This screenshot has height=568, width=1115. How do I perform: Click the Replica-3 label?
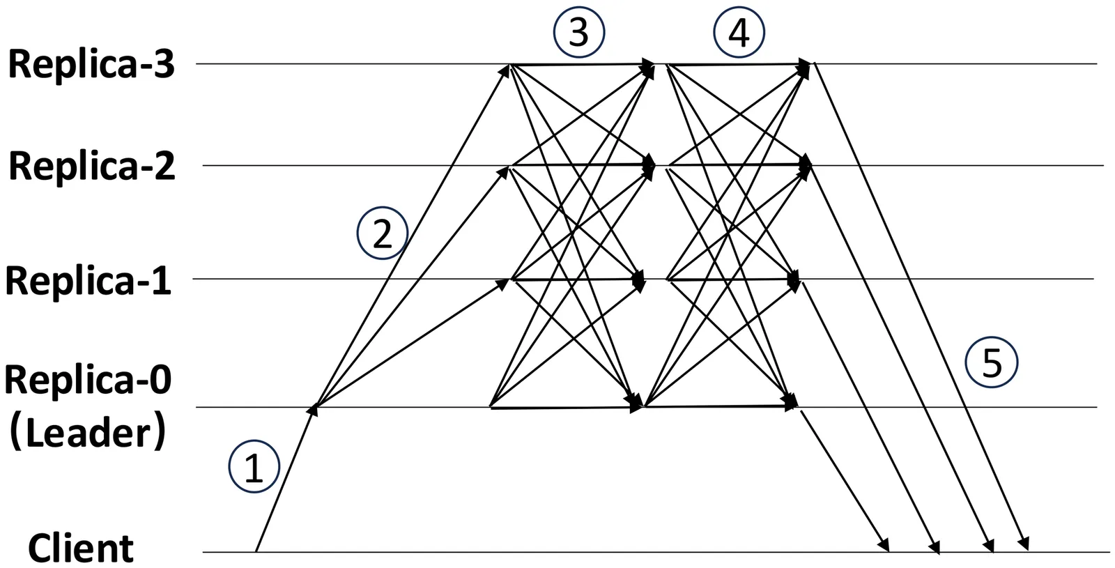click(x=91, y=65)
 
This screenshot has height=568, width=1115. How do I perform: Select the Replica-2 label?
click(x=91, y=167)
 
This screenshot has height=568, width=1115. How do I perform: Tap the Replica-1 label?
click(x=88, y=281)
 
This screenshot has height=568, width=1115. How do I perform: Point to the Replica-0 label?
click(x=88, y=381)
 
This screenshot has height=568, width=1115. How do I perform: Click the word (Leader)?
click(x=88, y=433)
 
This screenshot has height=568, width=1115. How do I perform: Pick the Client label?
click(x=80, y=548)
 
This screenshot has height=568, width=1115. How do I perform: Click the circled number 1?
click(x=254, y=467)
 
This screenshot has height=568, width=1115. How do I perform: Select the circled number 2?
click(x=382, y=233)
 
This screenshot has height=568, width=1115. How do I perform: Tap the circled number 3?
click(x=578, y=32)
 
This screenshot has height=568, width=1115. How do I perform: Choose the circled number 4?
click(x=739, y=32)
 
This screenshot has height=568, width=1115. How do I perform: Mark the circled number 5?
click(x=992, y=362)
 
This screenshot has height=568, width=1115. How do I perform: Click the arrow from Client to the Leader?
click(x=284, y=481)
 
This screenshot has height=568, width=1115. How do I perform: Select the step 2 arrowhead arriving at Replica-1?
click(x=503, y=283)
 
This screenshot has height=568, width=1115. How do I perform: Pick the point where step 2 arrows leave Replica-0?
click(x=316, y=406)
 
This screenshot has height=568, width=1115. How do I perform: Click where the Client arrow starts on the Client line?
click(x=256, y=551)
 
